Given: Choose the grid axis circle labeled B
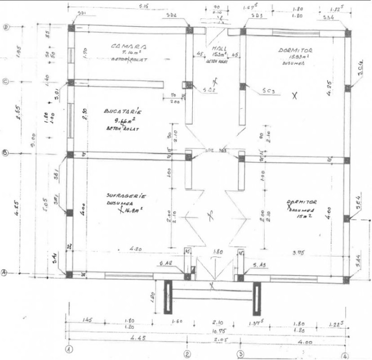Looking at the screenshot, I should click(6, 153).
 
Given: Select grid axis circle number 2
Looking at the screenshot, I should click(187, 354).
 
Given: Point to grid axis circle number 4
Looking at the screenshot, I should click(345, 355).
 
